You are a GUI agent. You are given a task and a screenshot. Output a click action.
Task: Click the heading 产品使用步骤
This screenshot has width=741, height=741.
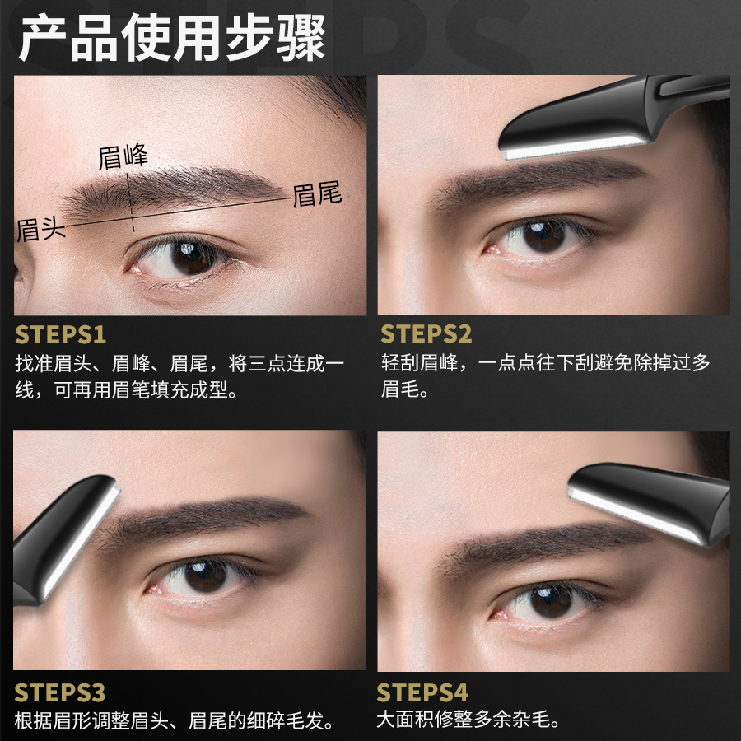pos(172,39)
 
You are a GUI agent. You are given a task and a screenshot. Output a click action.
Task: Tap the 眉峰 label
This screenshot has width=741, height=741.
pos(123,156)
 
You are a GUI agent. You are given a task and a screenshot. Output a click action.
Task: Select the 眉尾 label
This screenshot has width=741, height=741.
pos(317,195)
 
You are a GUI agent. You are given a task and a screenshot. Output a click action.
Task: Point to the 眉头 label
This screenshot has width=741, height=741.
pos(40,228)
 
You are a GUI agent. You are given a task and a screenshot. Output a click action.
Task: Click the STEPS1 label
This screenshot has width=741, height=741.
pos(61,335)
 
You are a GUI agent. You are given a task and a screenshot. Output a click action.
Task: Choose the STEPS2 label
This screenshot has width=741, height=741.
pos(426,335)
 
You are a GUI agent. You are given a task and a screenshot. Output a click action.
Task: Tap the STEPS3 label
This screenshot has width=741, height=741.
pos(61,692)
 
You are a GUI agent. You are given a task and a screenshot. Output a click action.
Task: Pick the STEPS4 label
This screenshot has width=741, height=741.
pos(422,692)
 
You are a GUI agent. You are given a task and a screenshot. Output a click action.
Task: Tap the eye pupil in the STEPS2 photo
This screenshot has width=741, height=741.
pos(544,236)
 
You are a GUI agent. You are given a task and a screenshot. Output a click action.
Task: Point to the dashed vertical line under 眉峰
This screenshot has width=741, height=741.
pos(132,202)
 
